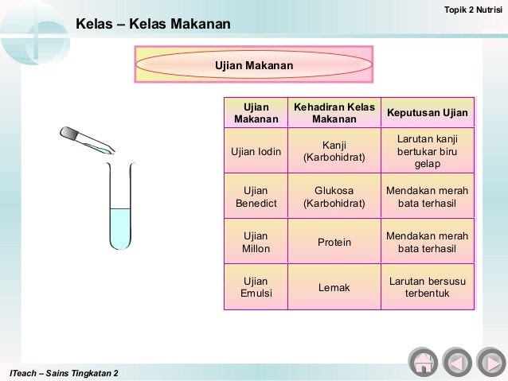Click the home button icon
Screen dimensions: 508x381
(423, 362)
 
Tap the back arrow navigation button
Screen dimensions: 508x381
(457, 362)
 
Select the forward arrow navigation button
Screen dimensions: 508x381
(491, 362)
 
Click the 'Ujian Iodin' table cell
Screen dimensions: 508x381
(256, 151)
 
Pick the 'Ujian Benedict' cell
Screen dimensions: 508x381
(256, 196)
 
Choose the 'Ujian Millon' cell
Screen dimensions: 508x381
(256, 242)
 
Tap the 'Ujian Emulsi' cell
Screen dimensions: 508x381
(256, 287)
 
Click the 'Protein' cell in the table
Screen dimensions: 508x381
(334, 242)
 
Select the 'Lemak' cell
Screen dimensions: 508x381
(334, 287)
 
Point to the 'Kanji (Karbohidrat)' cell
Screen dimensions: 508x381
(334, 151)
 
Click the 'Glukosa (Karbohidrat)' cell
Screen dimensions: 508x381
(334, 196)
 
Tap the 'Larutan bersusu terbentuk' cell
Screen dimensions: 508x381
(428, 287)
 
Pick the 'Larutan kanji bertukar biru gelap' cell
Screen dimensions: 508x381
(428, 151)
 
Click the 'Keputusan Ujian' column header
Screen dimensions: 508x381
(428, 112)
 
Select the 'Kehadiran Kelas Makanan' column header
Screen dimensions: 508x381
(334, 112)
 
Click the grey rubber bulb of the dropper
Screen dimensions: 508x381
(68, 133)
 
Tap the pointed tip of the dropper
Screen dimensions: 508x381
(114, 151)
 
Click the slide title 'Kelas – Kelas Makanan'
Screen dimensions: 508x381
(153, 24)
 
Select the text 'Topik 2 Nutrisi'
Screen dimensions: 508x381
(473, 10)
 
